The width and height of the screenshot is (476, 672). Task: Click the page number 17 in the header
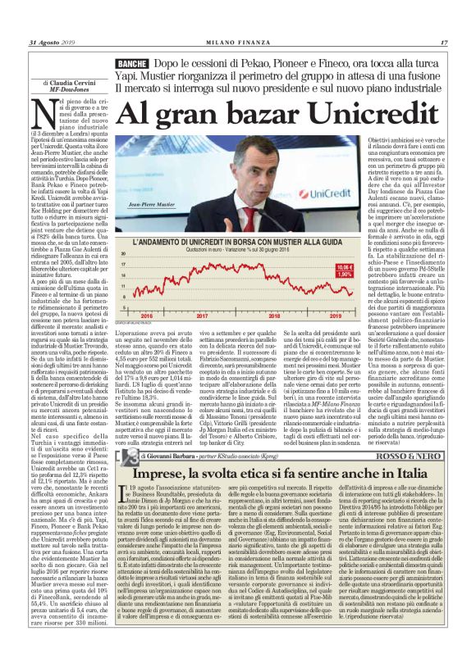(444, 43)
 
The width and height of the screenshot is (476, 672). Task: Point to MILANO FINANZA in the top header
(238, 43)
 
